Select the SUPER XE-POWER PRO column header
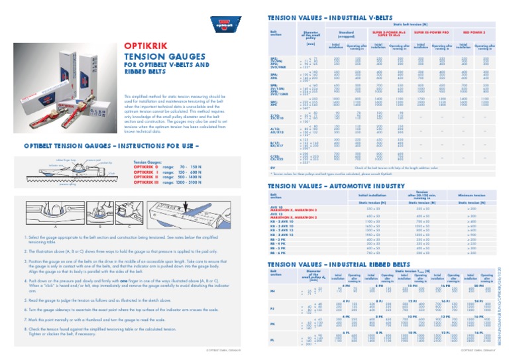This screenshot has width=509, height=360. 432,30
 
